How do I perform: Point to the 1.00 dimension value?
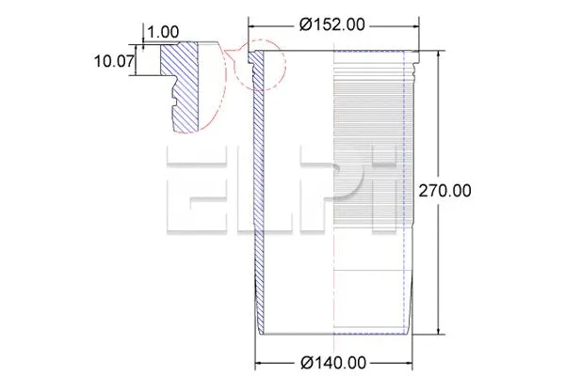coord(163,32)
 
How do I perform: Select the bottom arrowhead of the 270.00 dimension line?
coord(440,333)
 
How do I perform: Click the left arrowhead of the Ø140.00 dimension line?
coord(259,362)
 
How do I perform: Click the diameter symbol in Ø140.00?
coord(309,362)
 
